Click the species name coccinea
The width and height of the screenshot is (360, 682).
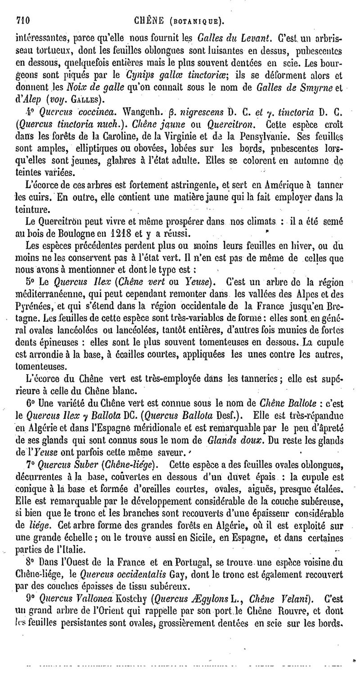pyautogui.click(x=81, y=112)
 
